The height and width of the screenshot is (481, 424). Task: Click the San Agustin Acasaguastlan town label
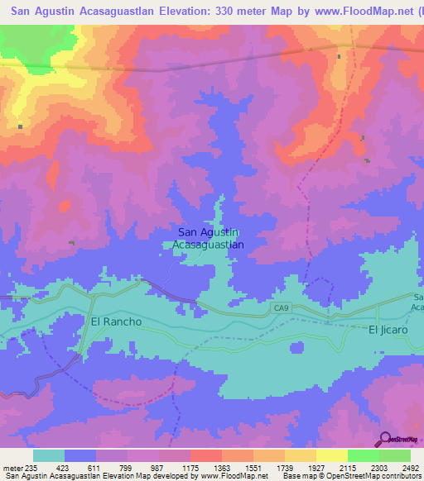coord(209,239)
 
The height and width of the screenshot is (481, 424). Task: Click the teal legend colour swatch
coord(49,455)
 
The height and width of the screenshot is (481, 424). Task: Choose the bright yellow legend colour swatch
coord(332,455)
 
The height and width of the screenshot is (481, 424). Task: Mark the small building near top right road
coord(340,56)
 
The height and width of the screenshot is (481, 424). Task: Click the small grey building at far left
coord(20,126)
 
